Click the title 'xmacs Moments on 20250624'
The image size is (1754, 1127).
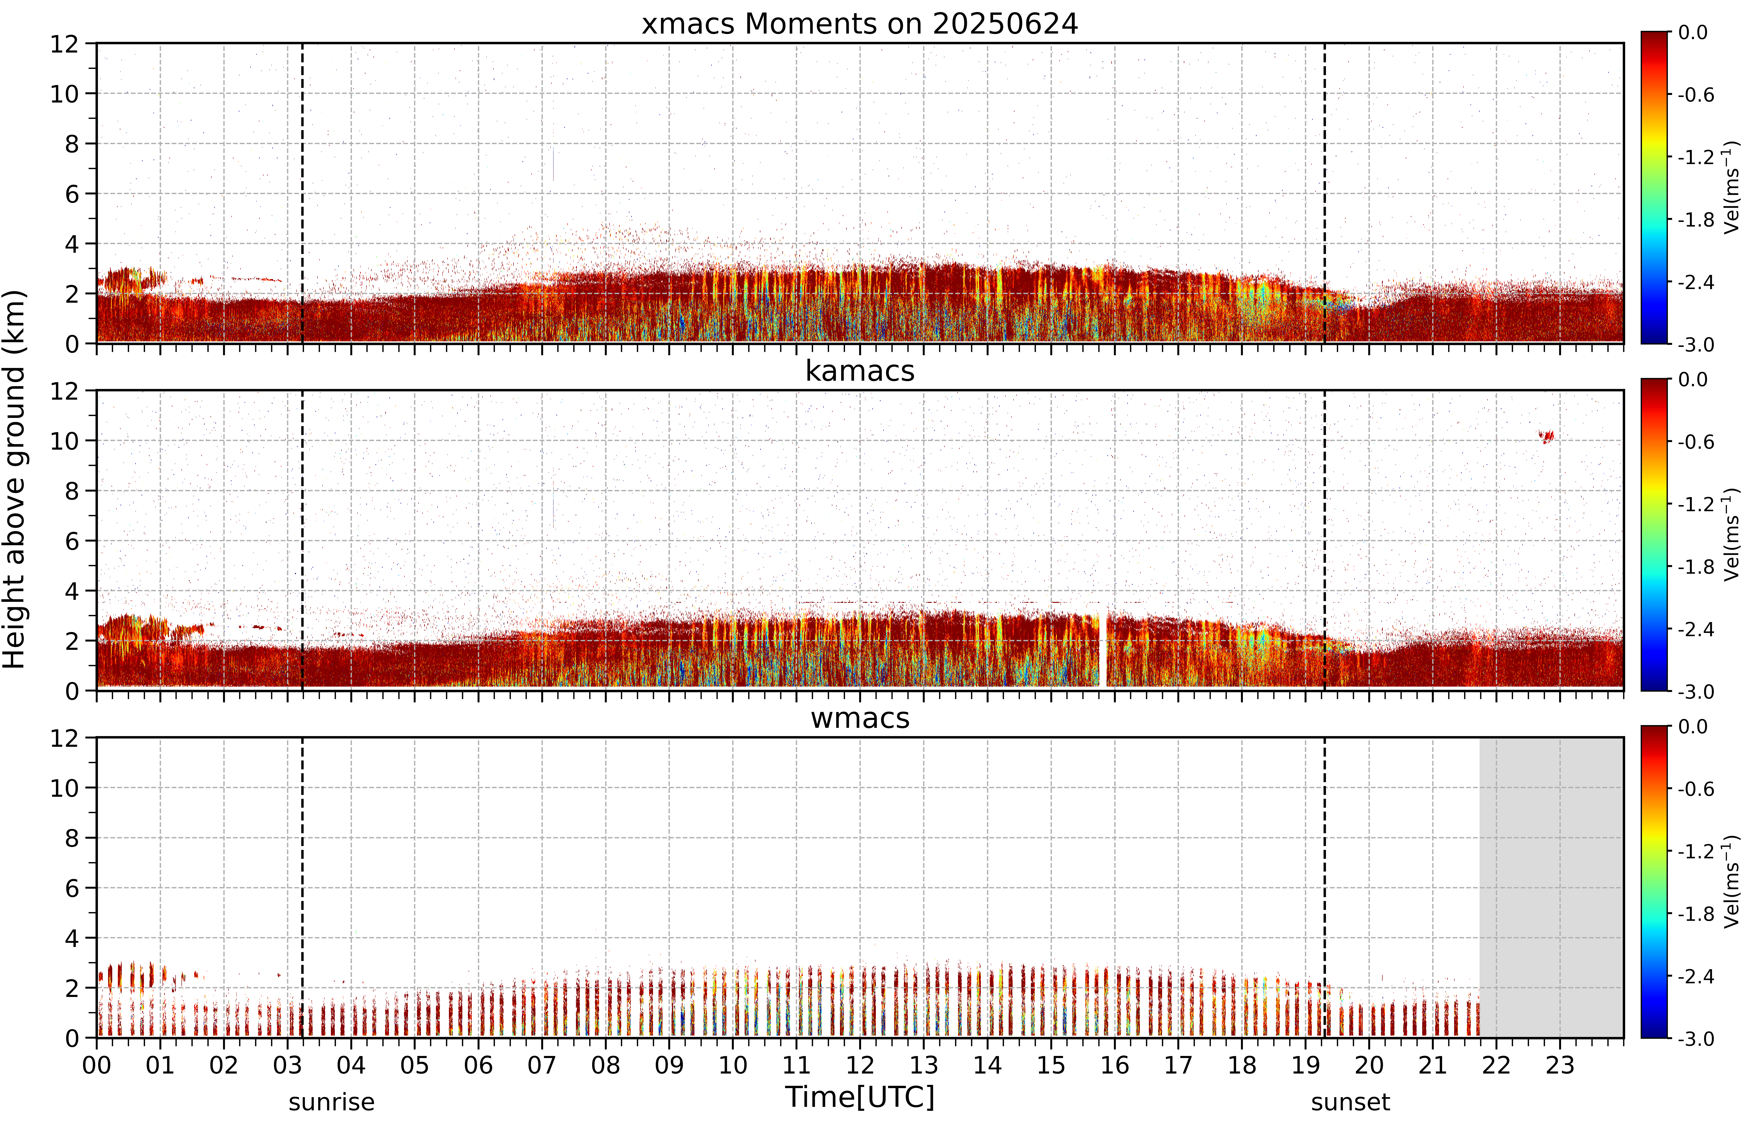coord(860,24)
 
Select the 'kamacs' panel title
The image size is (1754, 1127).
coord(860,371)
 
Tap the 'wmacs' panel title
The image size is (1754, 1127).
coord(860,718)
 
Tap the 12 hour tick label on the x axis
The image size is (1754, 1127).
coord(860,1065)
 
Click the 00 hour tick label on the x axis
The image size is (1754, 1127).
coord(96,1065)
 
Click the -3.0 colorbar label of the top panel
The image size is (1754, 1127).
coord(1696,344)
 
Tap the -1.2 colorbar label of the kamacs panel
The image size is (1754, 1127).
coord(1696,504)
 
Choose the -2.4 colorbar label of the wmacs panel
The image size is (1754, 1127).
coord(1696,976)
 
